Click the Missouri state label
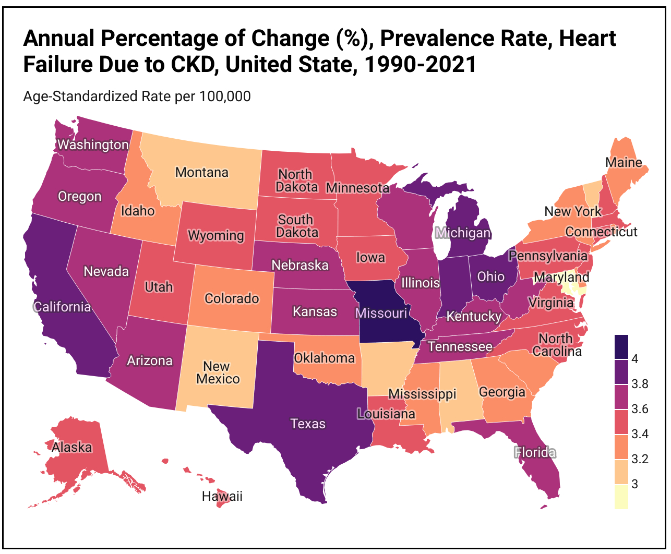click(x=381, y=313)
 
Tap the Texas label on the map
click(x=308, y=424)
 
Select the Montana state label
click(x=201, y=172)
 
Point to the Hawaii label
click(x=222, y=496)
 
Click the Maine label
click(x=624, y=162)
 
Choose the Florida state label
click(x=535, y=452)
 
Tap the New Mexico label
click(x=218, y=372)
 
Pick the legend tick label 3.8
click(x=640, y=384)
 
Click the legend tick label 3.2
click(x=640, y=459)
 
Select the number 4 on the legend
click(x=635, y=359)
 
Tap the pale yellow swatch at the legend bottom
click(x=621, y=497)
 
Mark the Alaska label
click(x=71, y=447)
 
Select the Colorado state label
click(x=232, y=298)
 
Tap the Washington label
click(x=93, y=144)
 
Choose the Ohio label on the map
click(x=491, y=276)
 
